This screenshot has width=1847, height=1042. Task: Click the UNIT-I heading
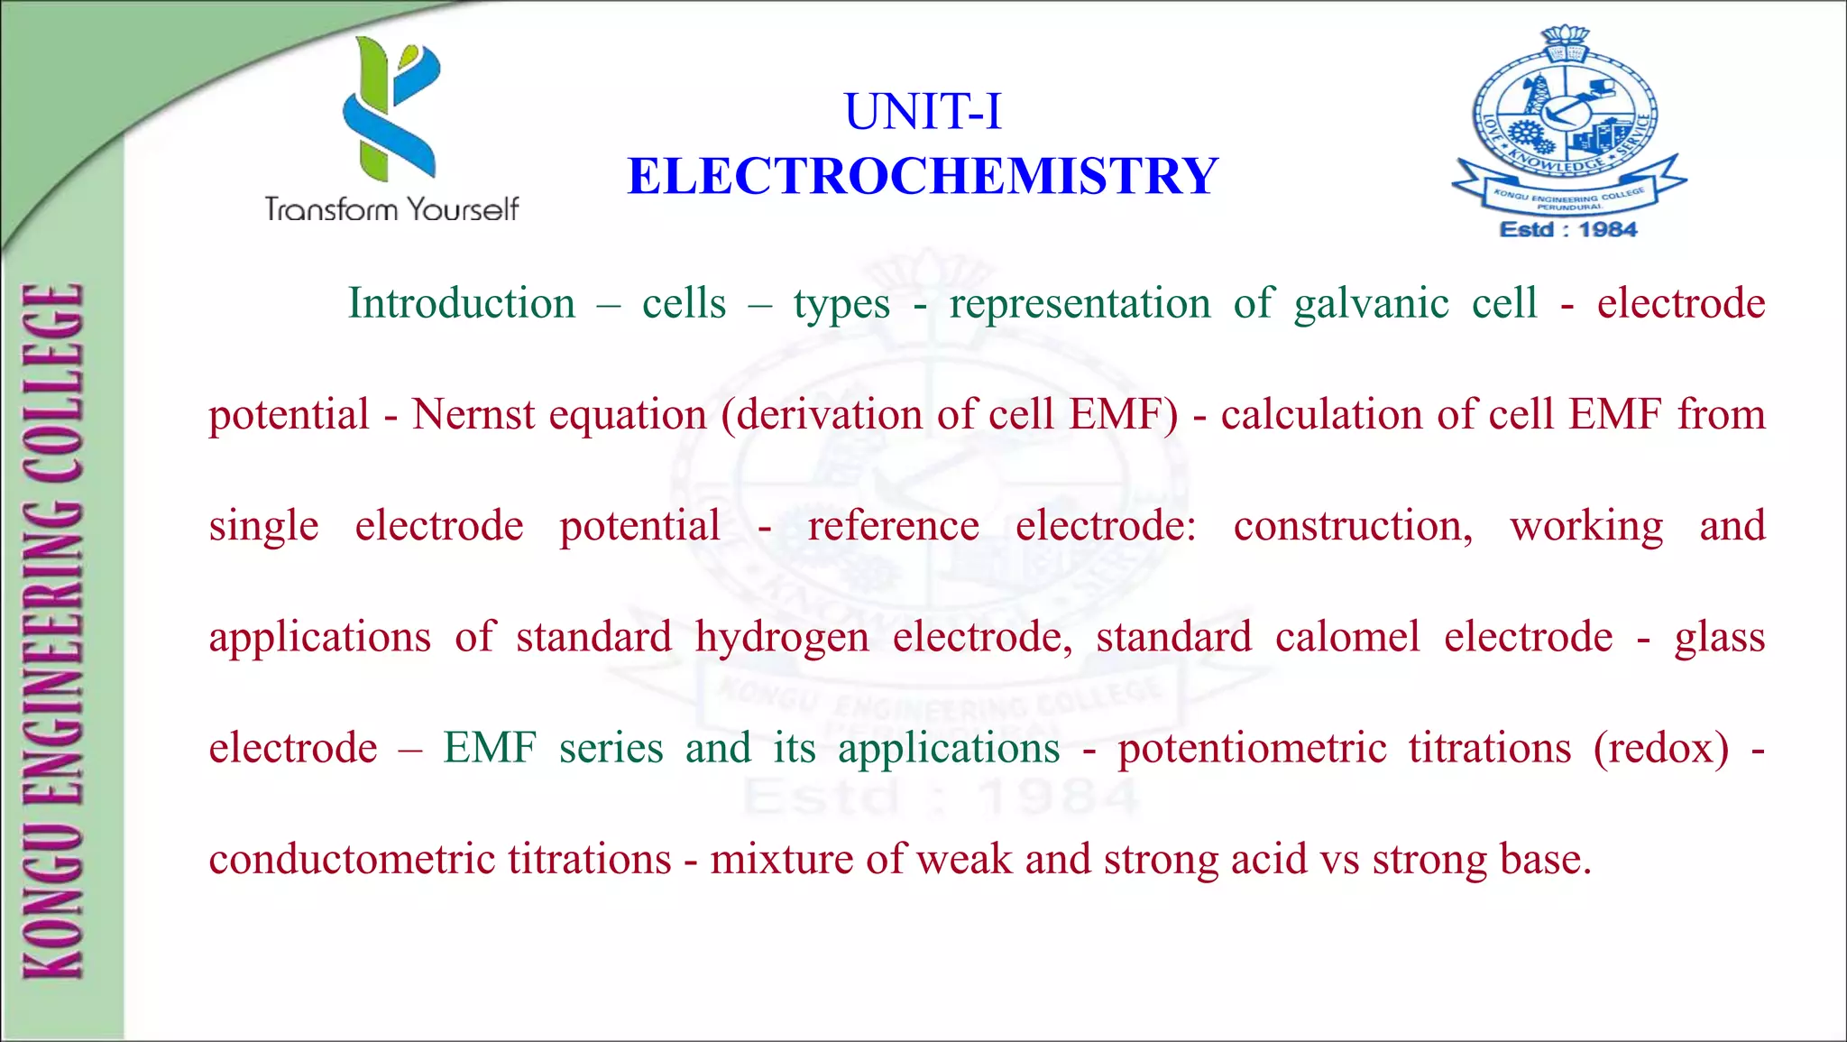(923, 112)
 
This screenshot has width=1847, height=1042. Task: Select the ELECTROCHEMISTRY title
(923, 176)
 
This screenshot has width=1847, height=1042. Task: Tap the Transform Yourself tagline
(391, 209)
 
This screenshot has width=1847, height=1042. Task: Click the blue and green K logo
(391, 108)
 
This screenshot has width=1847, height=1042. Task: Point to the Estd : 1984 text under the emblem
(1568, 229)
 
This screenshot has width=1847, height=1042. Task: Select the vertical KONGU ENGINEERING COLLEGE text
(54, 632)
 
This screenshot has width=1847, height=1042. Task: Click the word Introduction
(462, 303)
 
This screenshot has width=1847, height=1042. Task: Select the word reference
(893, 526)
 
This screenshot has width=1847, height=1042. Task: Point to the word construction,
(1353, 526)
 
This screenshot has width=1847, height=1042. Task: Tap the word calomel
(1347, 637)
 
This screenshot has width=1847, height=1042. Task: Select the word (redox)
(1661, 749)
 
